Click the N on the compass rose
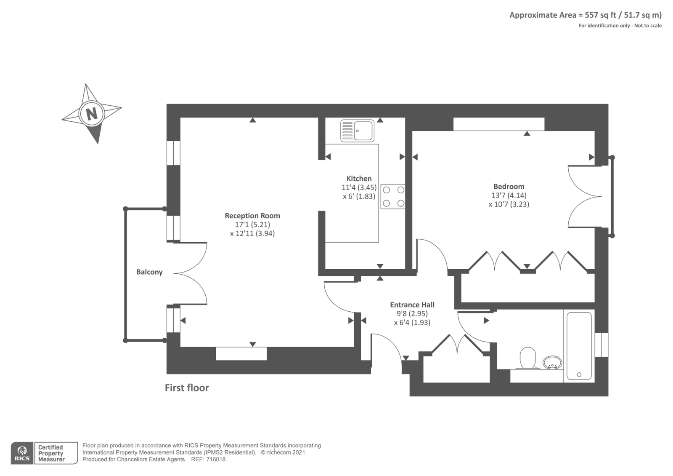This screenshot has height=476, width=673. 92,114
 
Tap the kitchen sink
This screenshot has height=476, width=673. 357,131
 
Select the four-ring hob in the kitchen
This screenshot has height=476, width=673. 393,196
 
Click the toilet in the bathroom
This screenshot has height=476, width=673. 527,358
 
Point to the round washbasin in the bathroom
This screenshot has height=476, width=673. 552,362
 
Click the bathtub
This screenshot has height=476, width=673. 579,346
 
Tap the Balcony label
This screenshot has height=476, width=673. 149,272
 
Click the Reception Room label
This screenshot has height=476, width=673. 252,216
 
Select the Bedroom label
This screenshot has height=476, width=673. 509,187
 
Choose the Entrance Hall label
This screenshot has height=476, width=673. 412,305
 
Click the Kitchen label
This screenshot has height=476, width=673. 359,179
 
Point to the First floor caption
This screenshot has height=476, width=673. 187,388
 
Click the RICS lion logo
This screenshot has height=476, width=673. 22,453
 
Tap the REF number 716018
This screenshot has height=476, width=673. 216,460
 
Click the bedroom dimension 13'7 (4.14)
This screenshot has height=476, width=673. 509,195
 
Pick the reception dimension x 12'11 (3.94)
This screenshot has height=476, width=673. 252,233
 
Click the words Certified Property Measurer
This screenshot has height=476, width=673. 51,453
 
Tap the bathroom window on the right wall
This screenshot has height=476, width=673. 601,345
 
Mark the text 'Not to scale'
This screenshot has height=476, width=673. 648,26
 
